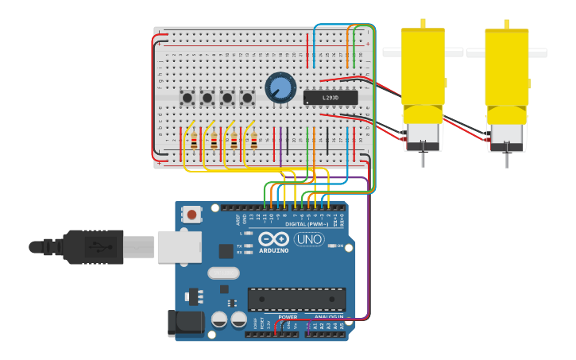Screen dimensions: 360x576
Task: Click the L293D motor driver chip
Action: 331,98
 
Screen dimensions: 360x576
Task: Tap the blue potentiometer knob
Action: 280,87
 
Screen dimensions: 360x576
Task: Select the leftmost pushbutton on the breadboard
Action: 187,98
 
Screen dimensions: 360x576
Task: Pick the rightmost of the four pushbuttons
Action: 247,98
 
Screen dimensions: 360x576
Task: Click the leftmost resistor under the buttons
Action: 194,141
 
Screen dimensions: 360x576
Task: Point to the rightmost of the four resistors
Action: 253,141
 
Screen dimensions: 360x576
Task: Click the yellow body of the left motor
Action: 423,68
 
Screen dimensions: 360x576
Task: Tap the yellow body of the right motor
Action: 507,68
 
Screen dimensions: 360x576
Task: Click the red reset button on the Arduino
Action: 191,214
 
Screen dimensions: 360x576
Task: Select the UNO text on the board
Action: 309,239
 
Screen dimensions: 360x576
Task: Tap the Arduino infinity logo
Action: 273,238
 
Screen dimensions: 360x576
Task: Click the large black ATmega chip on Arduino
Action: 296,299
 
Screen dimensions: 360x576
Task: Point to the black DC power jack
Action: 182,323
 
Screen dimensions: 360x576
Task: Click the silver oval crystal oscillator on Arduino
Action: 223,273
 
